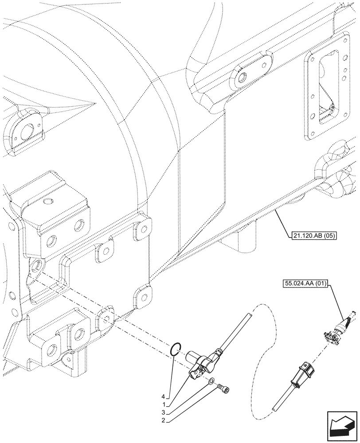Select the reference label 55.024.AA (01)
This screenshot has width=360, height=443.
(304, 283)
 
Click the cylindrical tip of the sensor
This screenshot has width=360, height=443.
(192, 356)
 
